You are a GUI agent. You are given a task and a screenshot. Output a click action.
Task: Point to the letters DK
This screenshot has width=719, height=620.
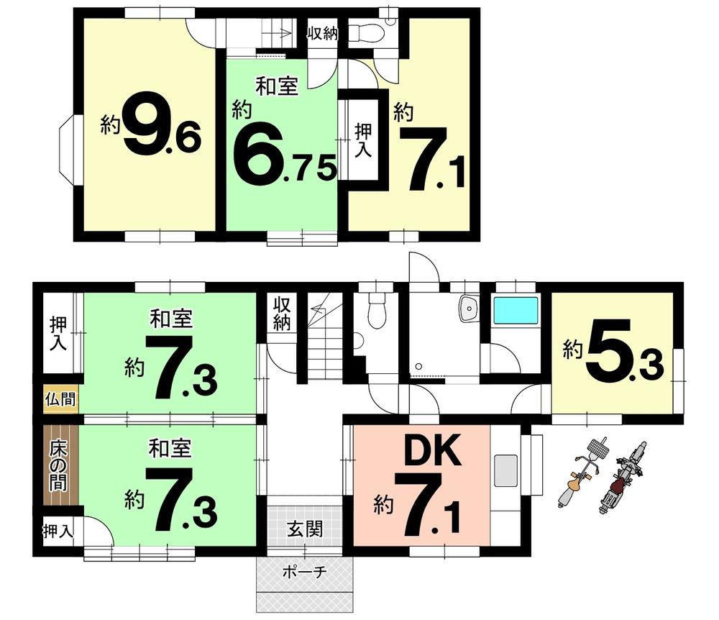[432, 450]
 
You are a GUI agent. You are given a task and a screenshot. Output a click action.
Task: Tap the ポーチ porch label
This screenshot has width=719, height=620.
[304, 572]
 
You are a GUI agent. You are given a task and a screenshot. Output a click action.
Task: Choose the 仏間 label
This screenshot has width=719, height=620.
[60, 399]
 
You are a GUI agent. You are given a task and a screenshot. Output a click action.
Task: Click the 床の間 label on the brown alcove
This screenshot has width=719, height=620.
[58, 465]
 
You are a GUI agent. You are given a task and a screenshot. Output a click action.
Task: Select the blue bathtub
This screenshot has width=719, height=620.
[515, 310]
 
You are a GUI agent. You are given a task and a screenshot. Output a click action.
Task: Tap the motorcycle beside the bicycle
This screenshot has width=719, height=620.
[621, 477]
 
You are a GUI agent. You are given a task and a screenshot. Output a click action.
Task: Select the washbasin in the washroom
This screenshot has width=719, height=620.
[469, 309]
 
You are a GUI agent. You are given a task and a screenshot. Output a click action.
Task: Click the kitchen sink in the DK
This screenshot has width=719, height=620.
[505, 471]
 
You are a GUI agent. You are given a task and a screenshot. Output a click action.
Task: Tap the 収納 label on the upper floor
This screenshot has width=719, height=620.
[322, 33]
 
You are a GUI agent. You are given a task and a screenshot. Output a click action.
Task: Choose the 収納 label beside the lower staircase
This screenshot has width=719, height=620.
[282, 314]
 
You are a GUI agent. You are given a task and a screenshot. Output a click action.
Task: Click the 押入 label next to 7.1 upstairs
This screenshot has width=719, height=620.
[364, 141]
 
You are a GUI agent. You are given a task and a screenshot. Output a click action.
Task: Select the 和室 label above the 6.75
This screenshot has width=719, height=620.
[277, 87]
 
